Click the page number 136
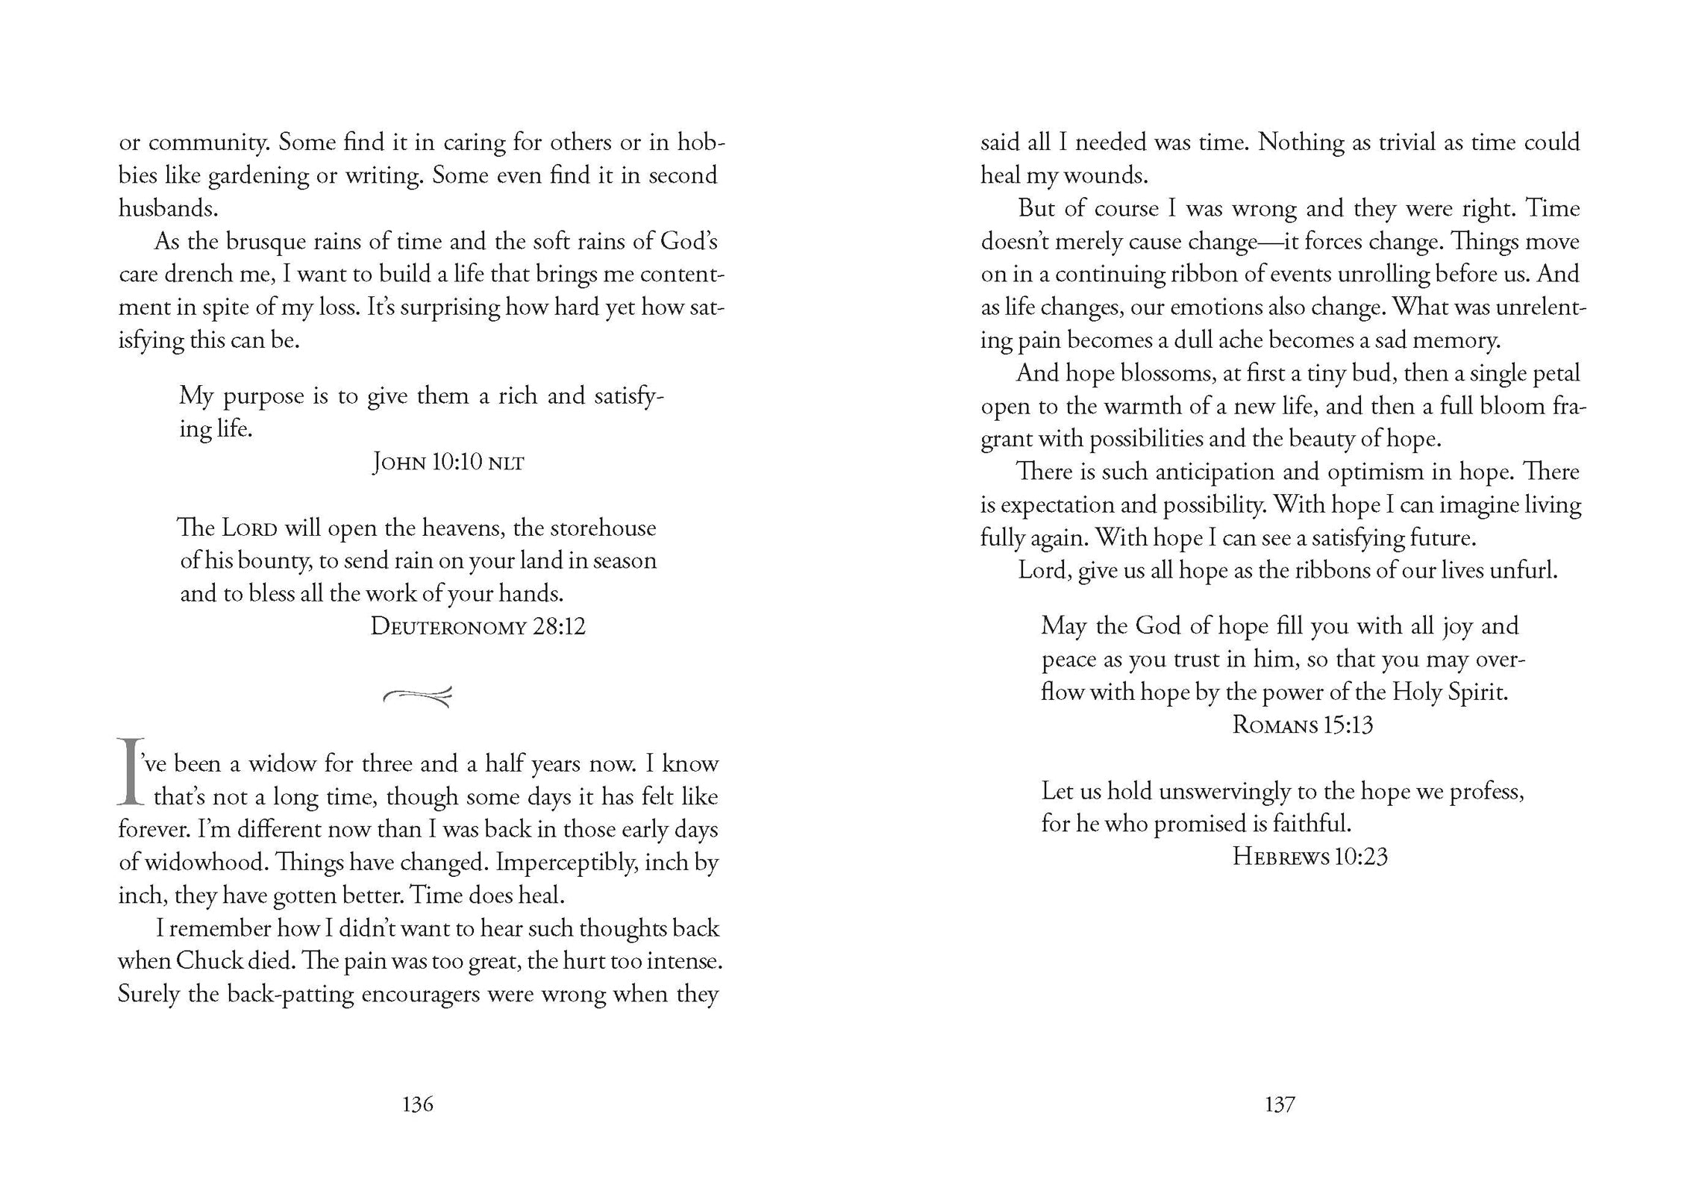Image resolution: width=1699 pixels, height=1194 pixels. pos(417,1104)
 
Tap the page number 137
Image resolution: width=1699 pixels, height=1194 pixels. pos(1279,1104)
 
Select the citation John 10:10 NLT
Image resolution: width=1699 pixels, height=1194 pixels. pos(448,463)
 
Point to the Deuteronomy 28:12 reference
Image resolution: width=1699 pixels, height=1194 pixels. pos(478,626)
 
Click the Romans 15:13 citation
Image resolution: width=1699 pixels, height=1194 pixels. pos(1302,725)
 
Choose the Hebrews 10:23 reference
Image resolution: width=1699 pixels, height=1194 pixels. pos(1310,856)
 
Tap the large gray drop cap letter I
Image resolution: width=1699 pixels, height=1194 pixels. pos(130,773)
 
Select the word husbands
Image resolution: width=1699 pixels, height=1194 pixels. pos(167,208)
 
